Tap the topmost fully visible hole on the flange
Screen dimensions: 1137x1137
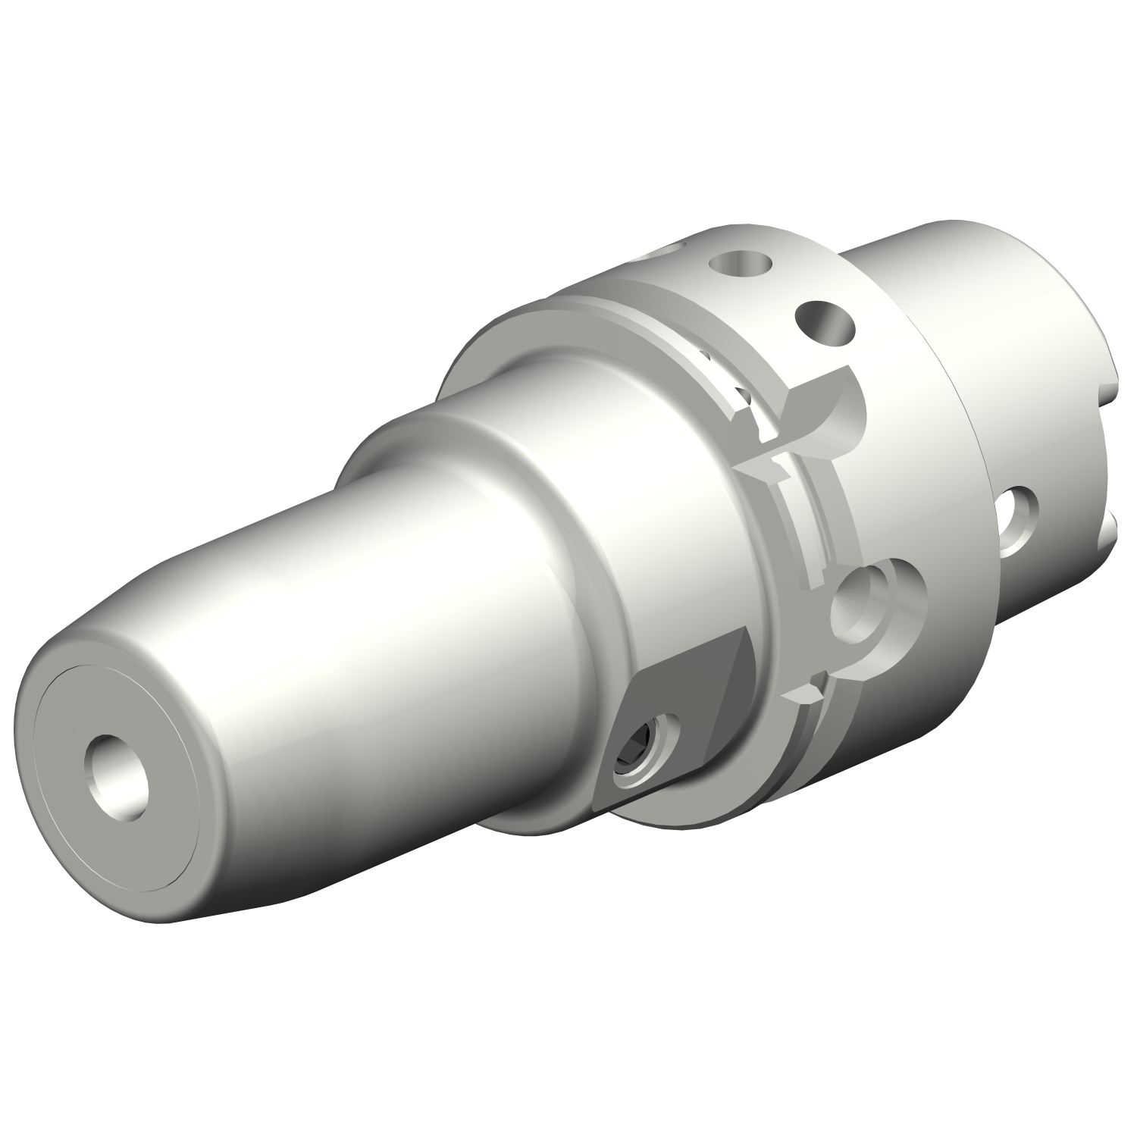click(x=738, y=266)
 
